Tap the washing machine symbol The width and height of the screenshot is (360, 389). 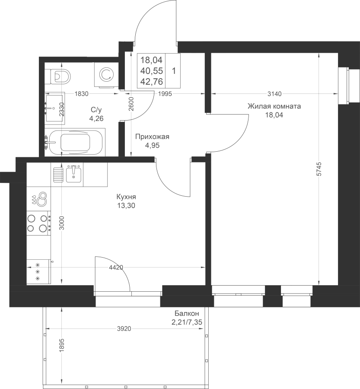(106, 74)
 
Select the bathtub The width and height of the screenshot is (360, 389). (75, 142)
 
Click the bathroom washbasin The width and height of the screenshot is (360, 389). (55, 108)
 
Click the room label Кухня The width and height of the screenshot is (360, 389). (126, 197)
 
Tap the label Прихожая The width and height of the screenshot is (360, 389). (152, 137)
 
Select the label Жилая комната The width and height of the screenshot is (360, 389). (274, 106)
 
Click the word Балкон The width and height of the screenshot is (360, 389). (187, 313)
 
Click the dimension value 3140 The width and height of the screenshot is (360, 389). (275, 94)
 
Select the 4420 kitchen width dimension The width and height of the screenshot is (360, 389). (116, 268)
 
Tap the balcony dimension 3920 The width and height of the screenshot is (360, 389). (124, 329)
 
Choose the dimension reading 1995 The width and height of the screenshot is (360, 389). (165, 94)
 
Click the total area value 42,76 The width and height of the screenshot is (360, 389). (151, 81)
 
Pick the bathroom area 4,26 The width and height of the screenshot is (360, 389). (96, 118)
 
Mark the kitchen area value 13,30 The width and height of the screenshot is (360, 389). (126, 205)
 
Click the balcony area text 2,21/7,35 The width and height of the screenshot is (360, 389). (187, 322)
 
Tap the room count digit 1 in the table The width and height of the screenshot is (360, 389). (174, 71)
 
